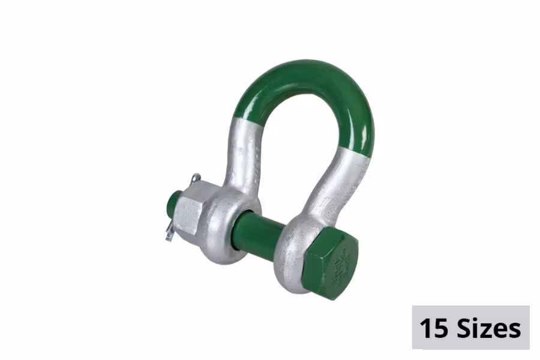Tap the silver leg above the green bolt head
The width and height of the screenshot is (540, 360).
click(x=342, y=180)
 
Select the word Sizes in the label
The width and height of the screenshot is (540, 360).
click(x=487, y=328)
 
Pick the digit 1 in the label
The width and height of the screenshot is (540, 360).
click(x=425, y=328)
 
